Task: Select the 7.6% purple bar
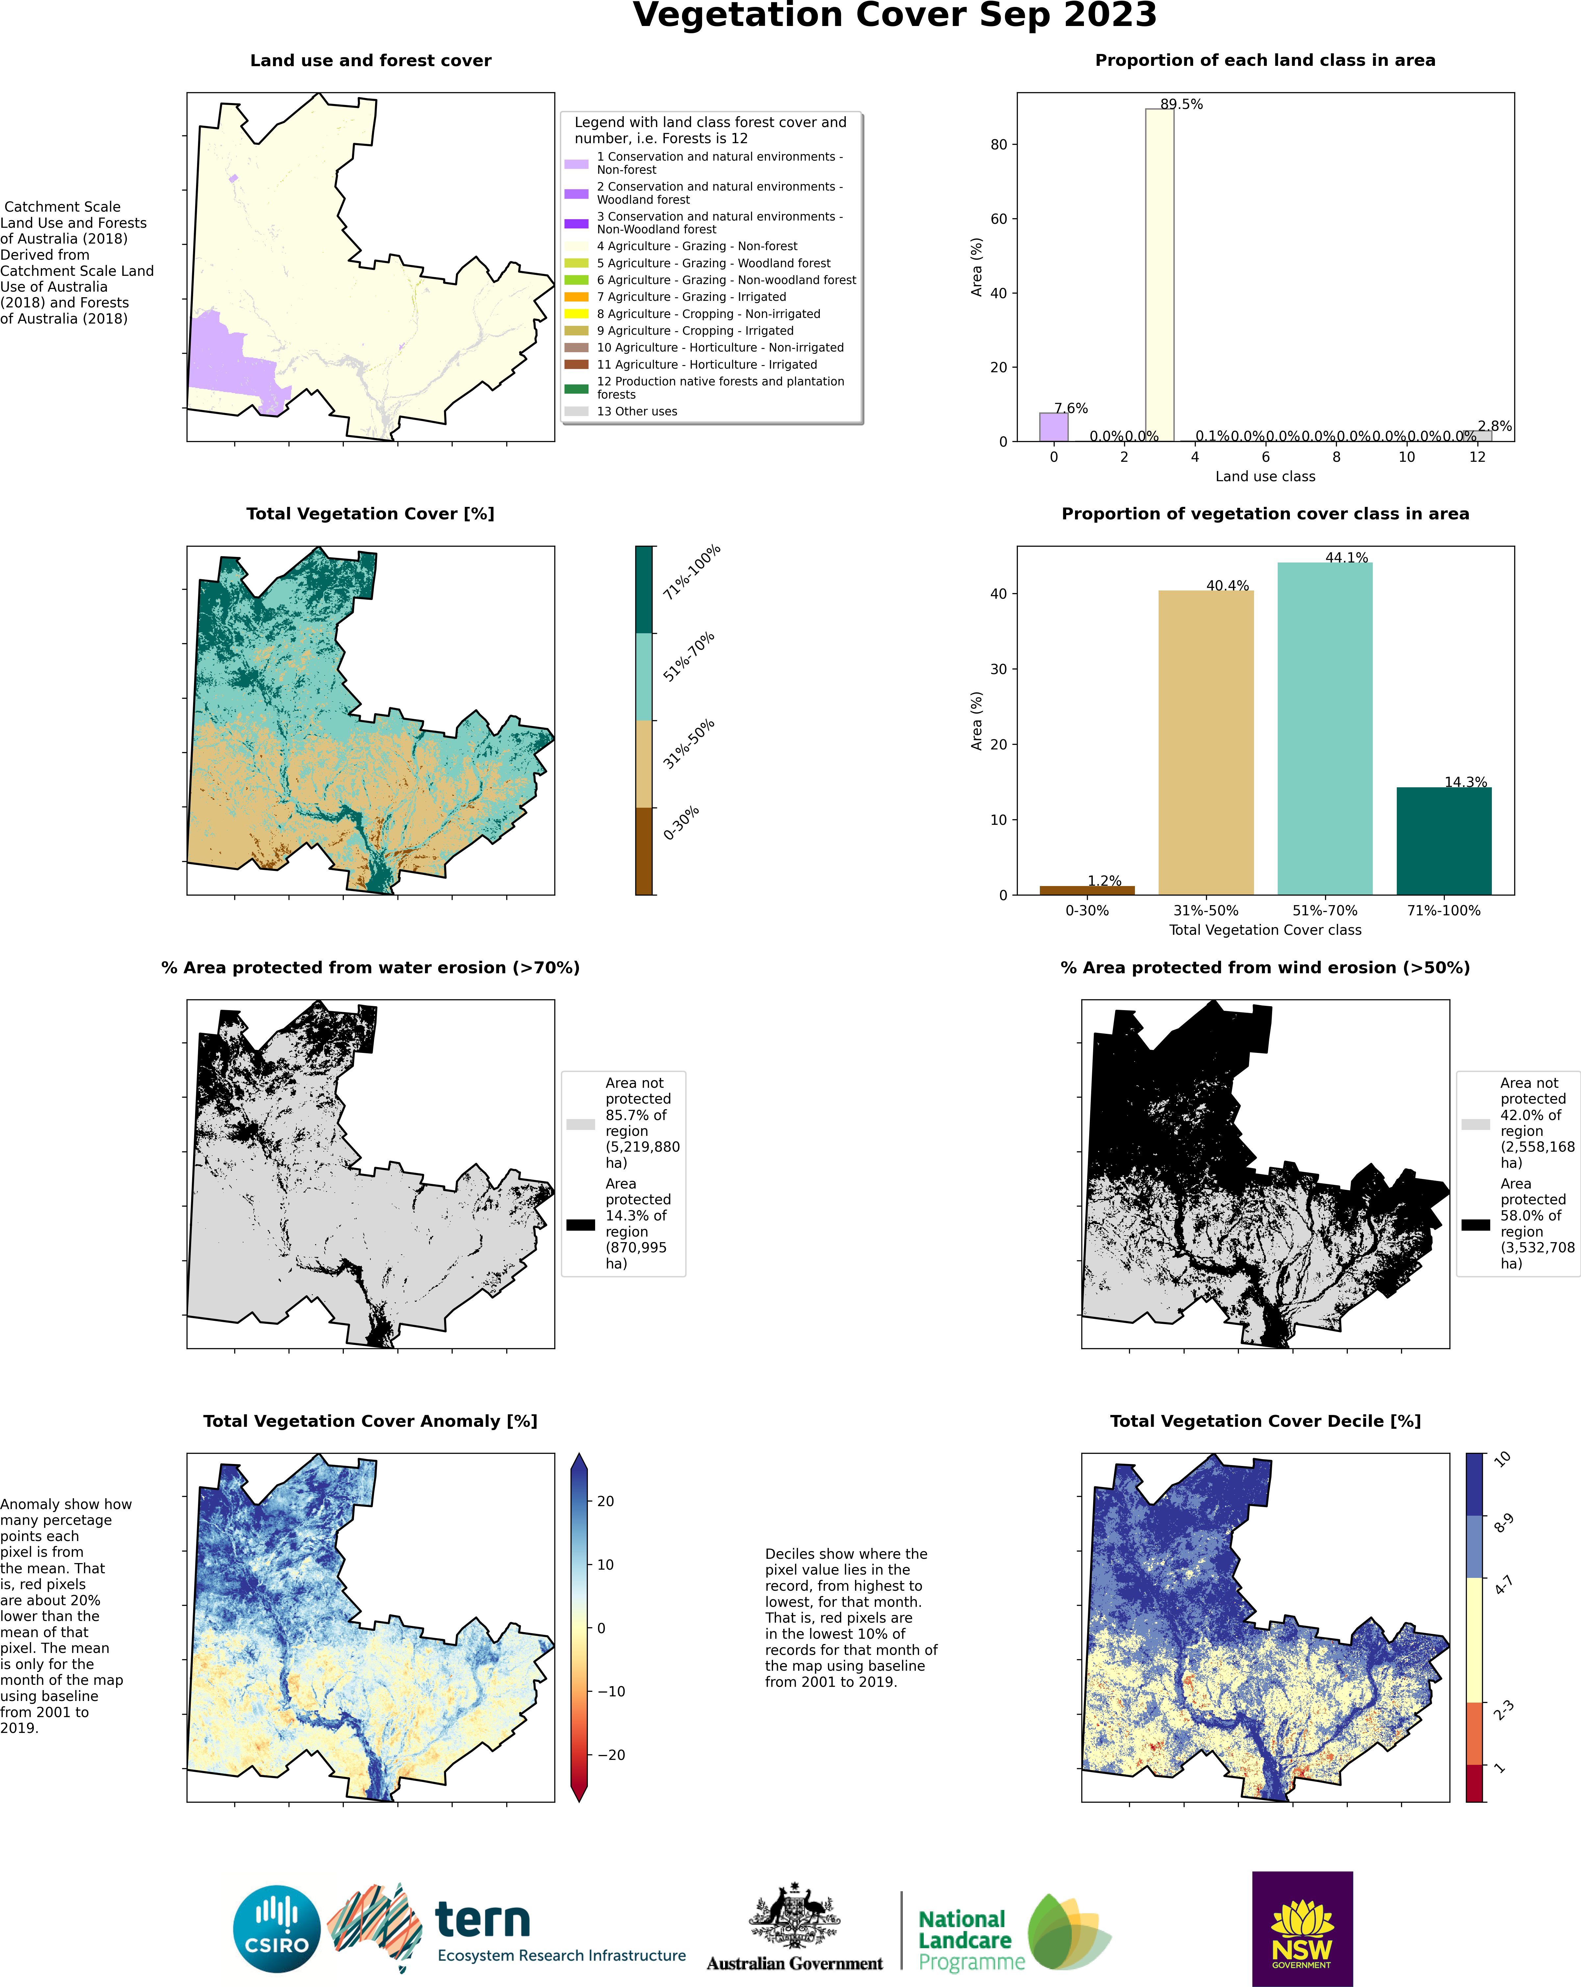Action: pos(1054,427)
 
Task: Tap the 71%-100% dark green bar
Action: pos(1444,841)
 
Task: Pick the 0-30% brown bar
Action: pos(1087,890)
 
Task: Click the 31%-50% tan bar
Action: pos(1206,743)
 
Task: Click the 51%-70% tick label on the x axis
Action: pos(1325,910)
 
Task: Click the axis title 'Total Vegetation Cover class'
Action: pos(1265,930)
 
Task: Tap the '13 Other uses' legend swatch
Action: pos(576,411)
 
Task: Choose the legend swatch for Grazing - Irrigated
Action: pos(576,297)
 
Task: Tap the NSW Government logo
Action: pos(1302,1929)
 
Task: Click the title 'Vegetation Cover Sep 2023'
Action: pos(894,16)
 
